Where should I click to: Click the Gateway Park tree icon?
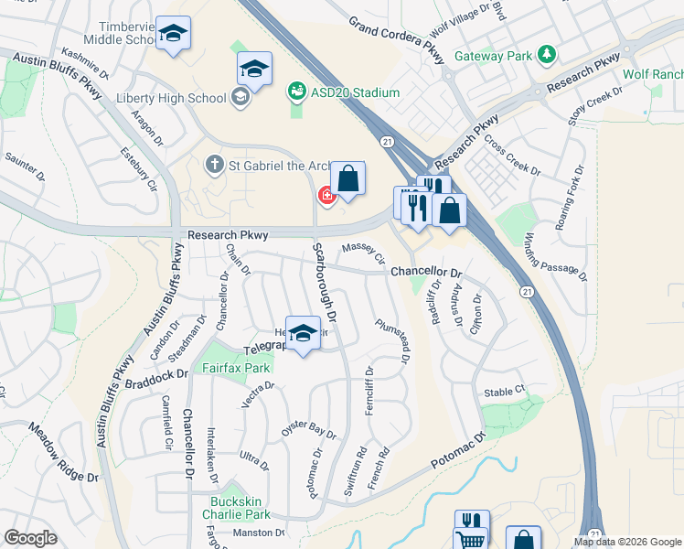point(547,55)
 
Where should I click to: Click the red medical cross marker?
point(326,195)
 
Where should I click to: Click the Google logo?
point(30,538)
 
